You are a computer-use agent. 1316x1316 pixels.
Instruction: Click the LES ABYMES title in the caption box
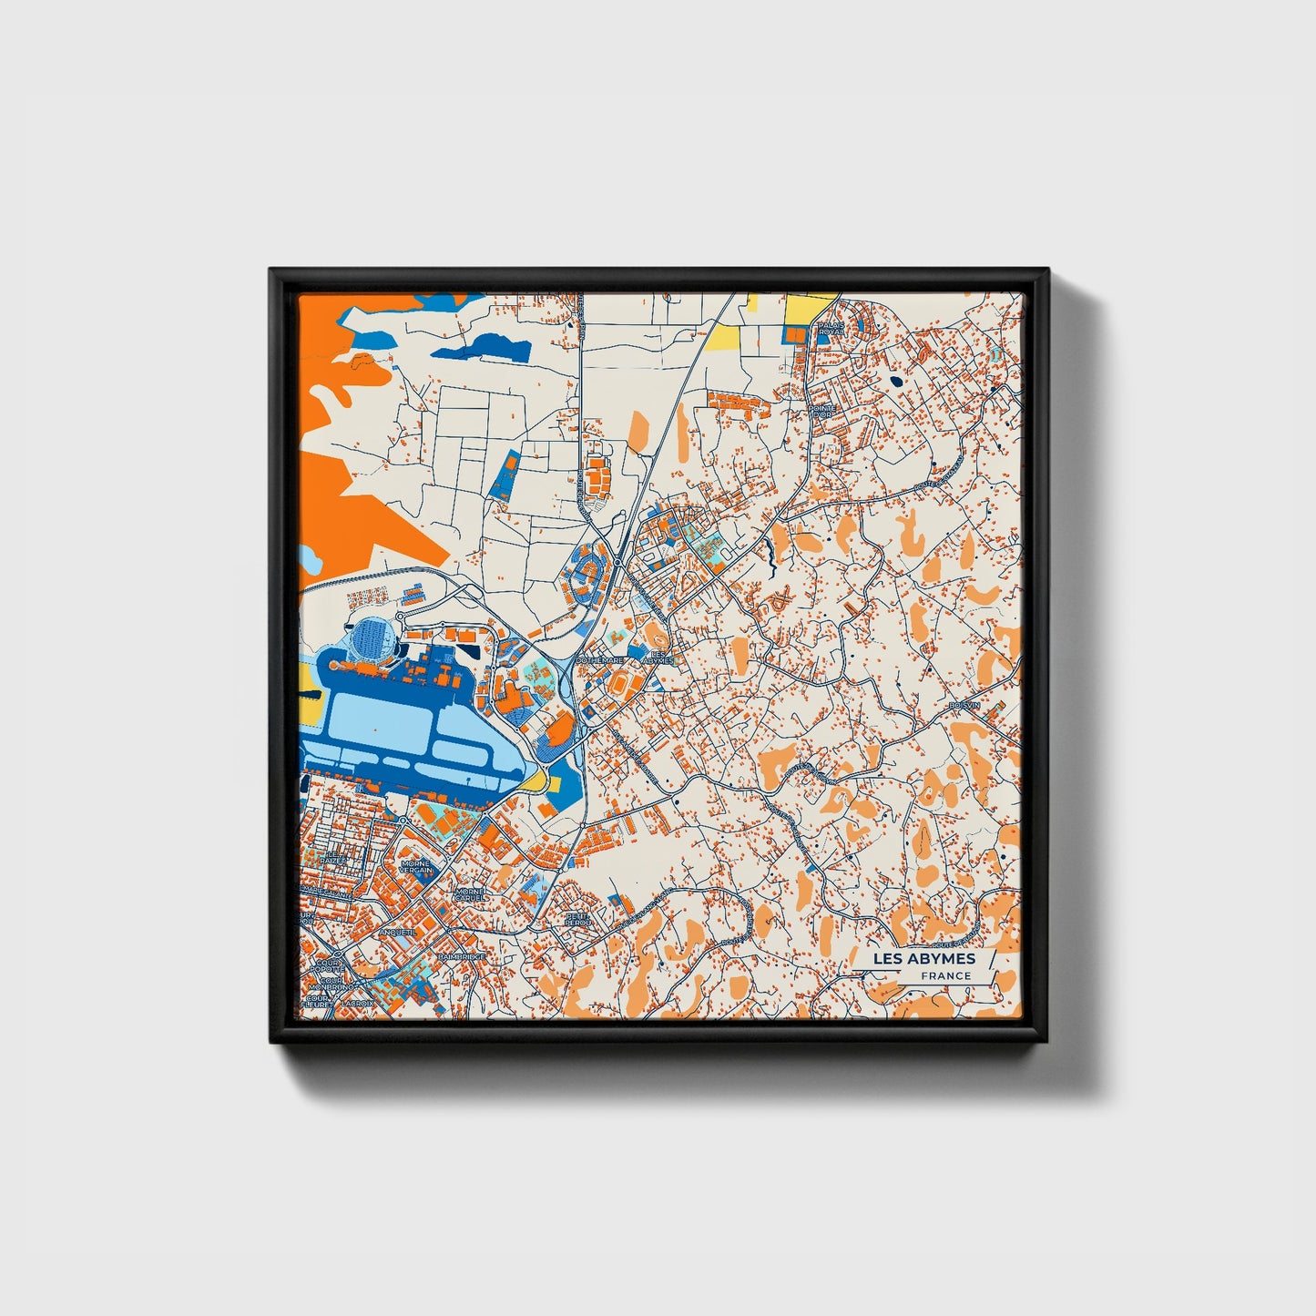(923, 958)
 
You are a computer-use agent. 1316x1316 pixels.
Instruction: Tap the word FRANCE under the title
(945, 975)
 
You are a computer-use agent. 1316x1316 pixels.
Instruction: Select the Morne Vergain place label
(416, 867)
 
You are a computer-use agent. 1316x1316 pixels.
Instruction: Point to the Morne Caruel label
(470, 894)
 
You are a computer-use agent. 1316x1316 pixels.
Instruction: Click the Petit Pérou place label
(577, 919)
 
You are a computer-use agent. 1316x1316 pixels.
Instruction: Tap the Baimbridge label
(462, 957)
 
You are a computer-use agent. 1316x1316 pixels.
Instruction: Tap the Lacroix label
(356, 1004)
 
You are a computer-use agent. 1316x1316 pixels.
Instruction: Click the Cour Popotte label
(329, 965)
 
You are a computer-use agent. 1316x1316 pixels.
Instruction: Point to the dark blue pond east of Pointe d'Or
(896, 383)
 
